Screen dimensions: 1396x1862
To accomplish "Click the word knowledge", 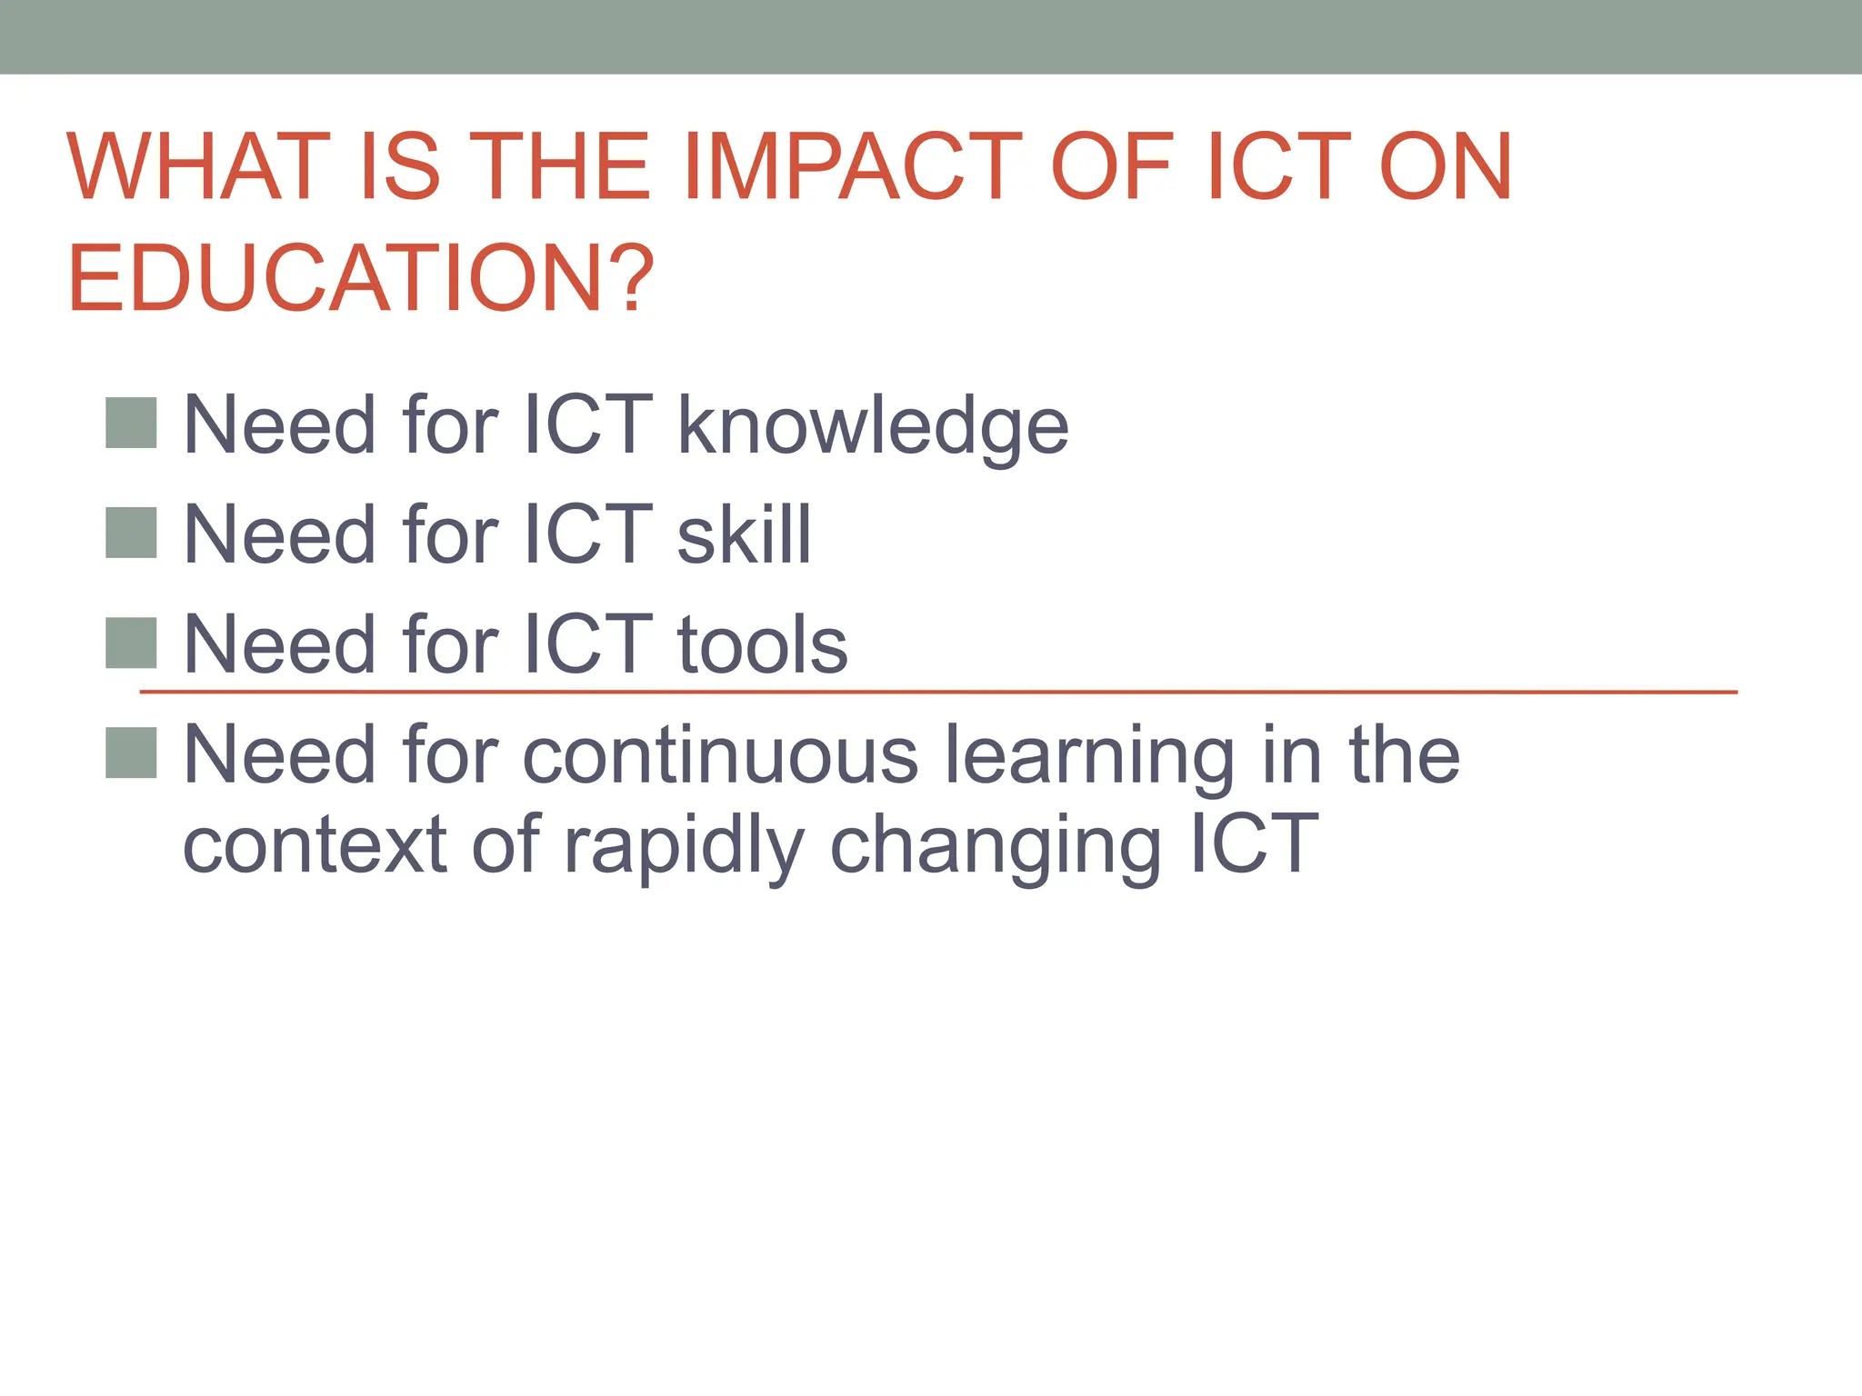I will [x=873, y=426].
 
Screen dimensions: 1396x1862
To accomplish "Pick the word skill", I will [x=744, y=534].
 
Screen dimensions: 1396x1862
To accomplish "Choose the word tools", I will [x=762, y=644].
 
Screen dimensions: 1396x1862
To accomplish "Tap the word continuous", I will [x=720, y=754].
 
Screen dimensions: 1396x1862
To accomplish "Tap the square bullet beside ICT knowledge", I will [x=131, y=423].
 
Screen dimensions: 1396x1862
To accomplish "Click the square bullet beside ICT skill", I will [x=131, y=533].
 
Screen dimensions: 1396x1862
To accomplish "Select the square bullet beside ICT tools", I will [x=131, y=643].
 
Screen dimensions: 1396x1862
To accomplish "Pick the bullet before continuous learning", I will [x=131, y=753].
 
